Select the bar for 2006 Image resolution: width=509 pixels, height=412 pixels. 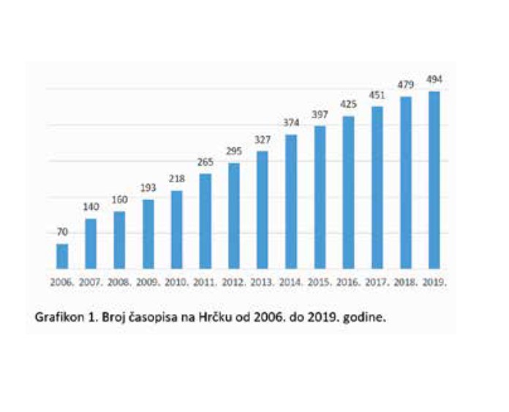[62, 256]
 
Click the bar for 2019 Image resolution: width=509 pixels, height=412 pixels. [434, 180]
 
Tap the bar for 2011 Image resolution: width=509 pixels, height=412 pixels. [206, 221]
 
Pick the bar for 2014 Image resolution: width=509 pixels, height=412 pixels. [291, 202]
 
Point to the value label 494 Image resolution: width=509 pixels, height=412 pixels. [434, 80]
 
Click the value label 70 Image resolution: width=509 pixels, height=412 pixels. [62, 232]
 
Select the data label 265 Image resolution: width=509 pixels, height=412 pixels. [206, 162]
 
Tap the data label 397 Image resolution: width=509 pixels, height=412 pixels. [320, 115]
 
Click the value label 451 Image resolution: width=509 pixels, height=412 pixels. [377, 95]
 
